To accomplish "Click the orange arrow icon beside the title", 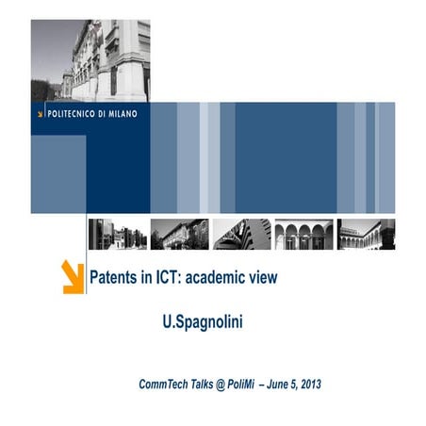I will point(73,278).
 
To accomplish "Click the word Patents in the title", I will point(114,279).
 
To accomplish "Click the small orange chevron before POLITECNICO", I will point(40,114).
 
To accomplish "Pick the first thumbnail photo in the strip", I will point(117,234).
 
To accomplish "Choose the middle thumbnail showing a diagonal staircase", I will point(241,234).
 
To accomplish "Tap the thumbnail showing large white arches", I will point(303,234).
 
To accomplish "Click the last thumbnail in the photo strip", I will point(366,234).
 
